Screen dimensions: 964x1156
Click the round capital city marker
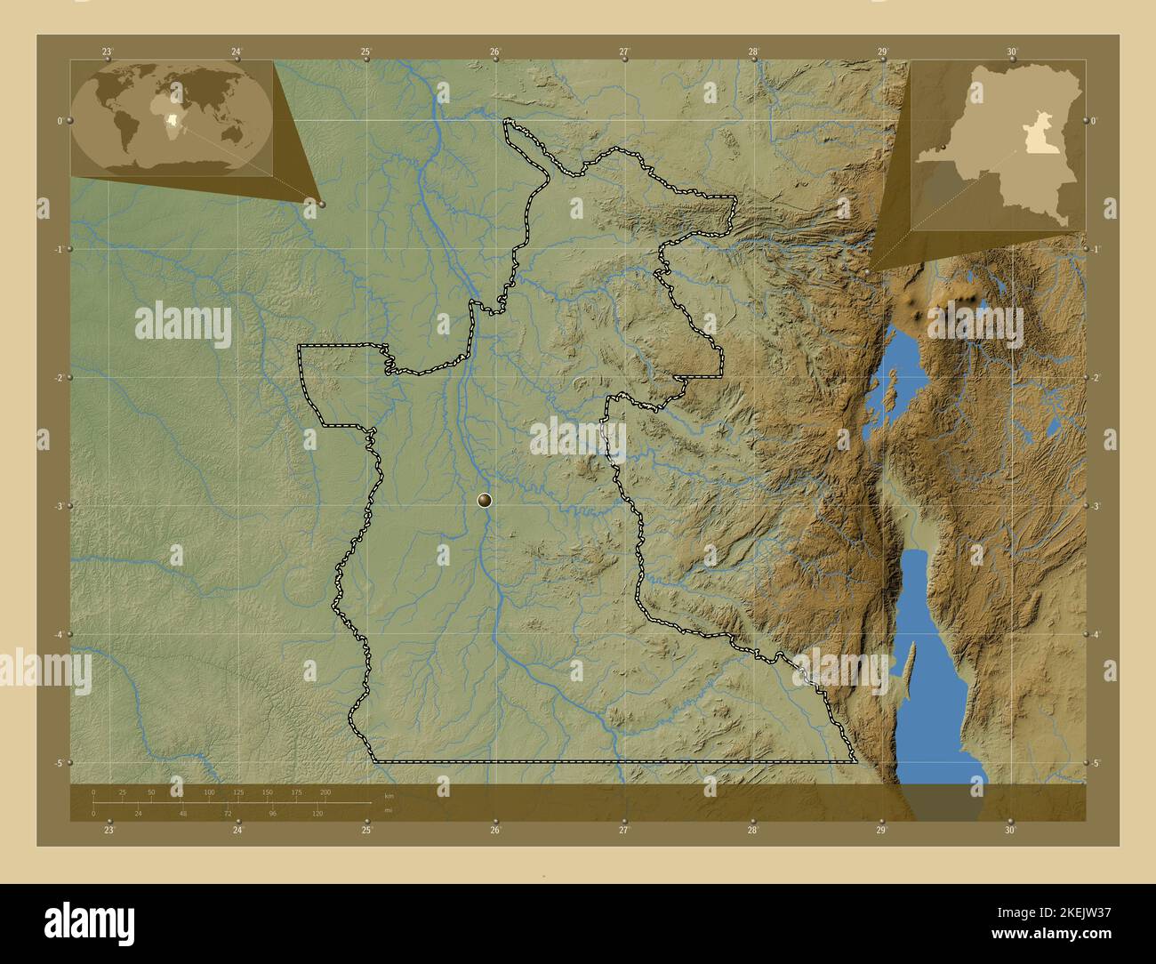484,502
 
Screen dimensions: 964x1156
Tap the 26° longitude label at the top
494,52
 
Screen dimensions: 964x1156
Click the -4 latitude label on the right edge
1096,634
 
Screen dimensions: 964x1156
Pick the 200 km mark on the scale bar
325,791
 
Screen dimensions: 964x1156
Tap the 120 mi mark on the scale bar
317,813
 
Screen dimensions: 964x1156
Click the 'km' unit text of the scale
389,795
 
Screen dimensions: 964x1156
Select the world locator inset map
173,116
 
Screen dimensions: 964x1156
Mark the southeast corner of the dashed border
855,762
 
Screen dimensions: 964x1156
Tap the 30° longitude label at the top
1012,52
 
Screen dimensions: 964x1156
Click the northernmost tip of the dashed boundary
509,120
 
